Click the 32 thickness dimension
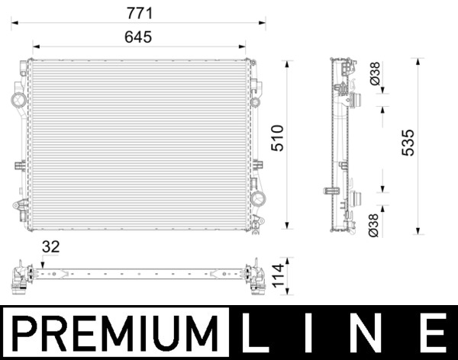point(51,246)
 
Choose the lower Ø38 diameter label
point(374,226)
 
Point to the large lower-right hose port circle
point(258,198)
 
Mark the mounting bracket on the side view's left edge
point(331,191)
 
